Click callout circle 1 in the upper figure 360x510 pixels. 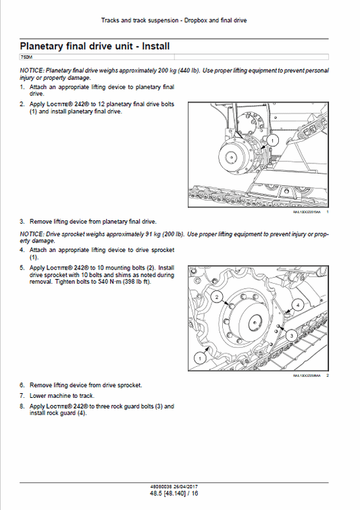pyautogui.click(x=272, y=139)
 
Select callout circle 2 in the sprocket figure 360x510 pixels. pyautogui.click(x=216, y=297)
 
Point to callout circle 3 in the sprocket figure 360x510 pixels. pyautogui.click(x=289, y=334)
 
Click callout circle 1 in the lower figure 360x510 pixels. pyautogui.click(x=199, y=355)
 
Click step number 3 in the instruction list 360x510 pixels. pyautogui.click(x=22, y=221)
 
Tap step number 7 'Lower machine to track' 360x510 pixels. pyautogui.click(x=22, y=395)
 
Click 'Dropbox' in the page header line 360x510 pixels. pyautogui.click(x=196, y=21)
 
